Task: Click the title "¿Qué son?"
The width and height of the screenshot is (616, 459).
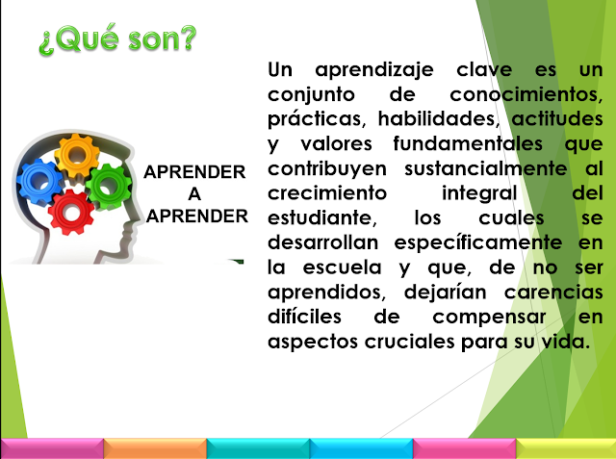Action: (117, 39)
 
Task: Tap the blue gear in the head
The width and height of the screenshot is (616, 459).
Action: (39, 182)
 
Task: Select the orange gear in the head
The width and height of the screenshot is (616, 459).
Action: (77, 155)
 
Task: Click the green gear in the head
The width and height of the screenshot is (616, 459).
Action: (108, 186)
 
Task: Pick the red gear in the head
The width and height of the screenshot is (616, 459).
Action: (71, 213)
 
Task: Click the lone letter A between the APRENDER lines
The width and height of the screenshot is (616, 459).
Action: (194, 194)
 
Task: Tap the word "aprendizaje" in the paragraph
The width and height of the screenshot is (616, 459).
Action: (374, 70)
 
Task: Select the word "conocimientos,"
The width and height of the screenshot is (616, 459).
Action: (526, 94)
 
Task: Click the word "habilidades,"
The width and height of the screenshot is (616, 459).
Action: (439, 119)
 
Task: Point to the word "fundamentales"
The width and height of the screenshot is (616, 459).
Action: (468, 143)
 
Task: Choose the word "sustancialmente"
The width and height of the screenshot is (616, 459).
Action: (485, 168)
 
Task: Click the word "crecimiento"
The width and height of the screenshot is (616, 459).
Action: (327, 192)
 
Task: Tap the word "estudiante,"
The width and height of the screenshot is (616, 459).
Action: (322, 217)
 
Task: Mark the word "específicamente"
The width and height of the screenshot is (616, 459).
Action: (478, 243)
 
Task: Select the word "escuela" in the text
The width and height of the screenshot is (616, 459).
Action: (343, 268)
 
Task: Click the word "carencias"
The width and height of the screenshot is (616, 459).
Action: (553, 293)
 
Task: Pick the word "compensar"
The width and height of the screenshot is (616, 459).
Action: (489, 318)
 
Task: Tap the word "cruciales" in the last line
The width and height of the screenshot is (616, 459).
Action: (409, 342)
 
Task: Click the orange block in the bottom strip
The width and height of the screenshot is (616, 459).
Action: (155, 448)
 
